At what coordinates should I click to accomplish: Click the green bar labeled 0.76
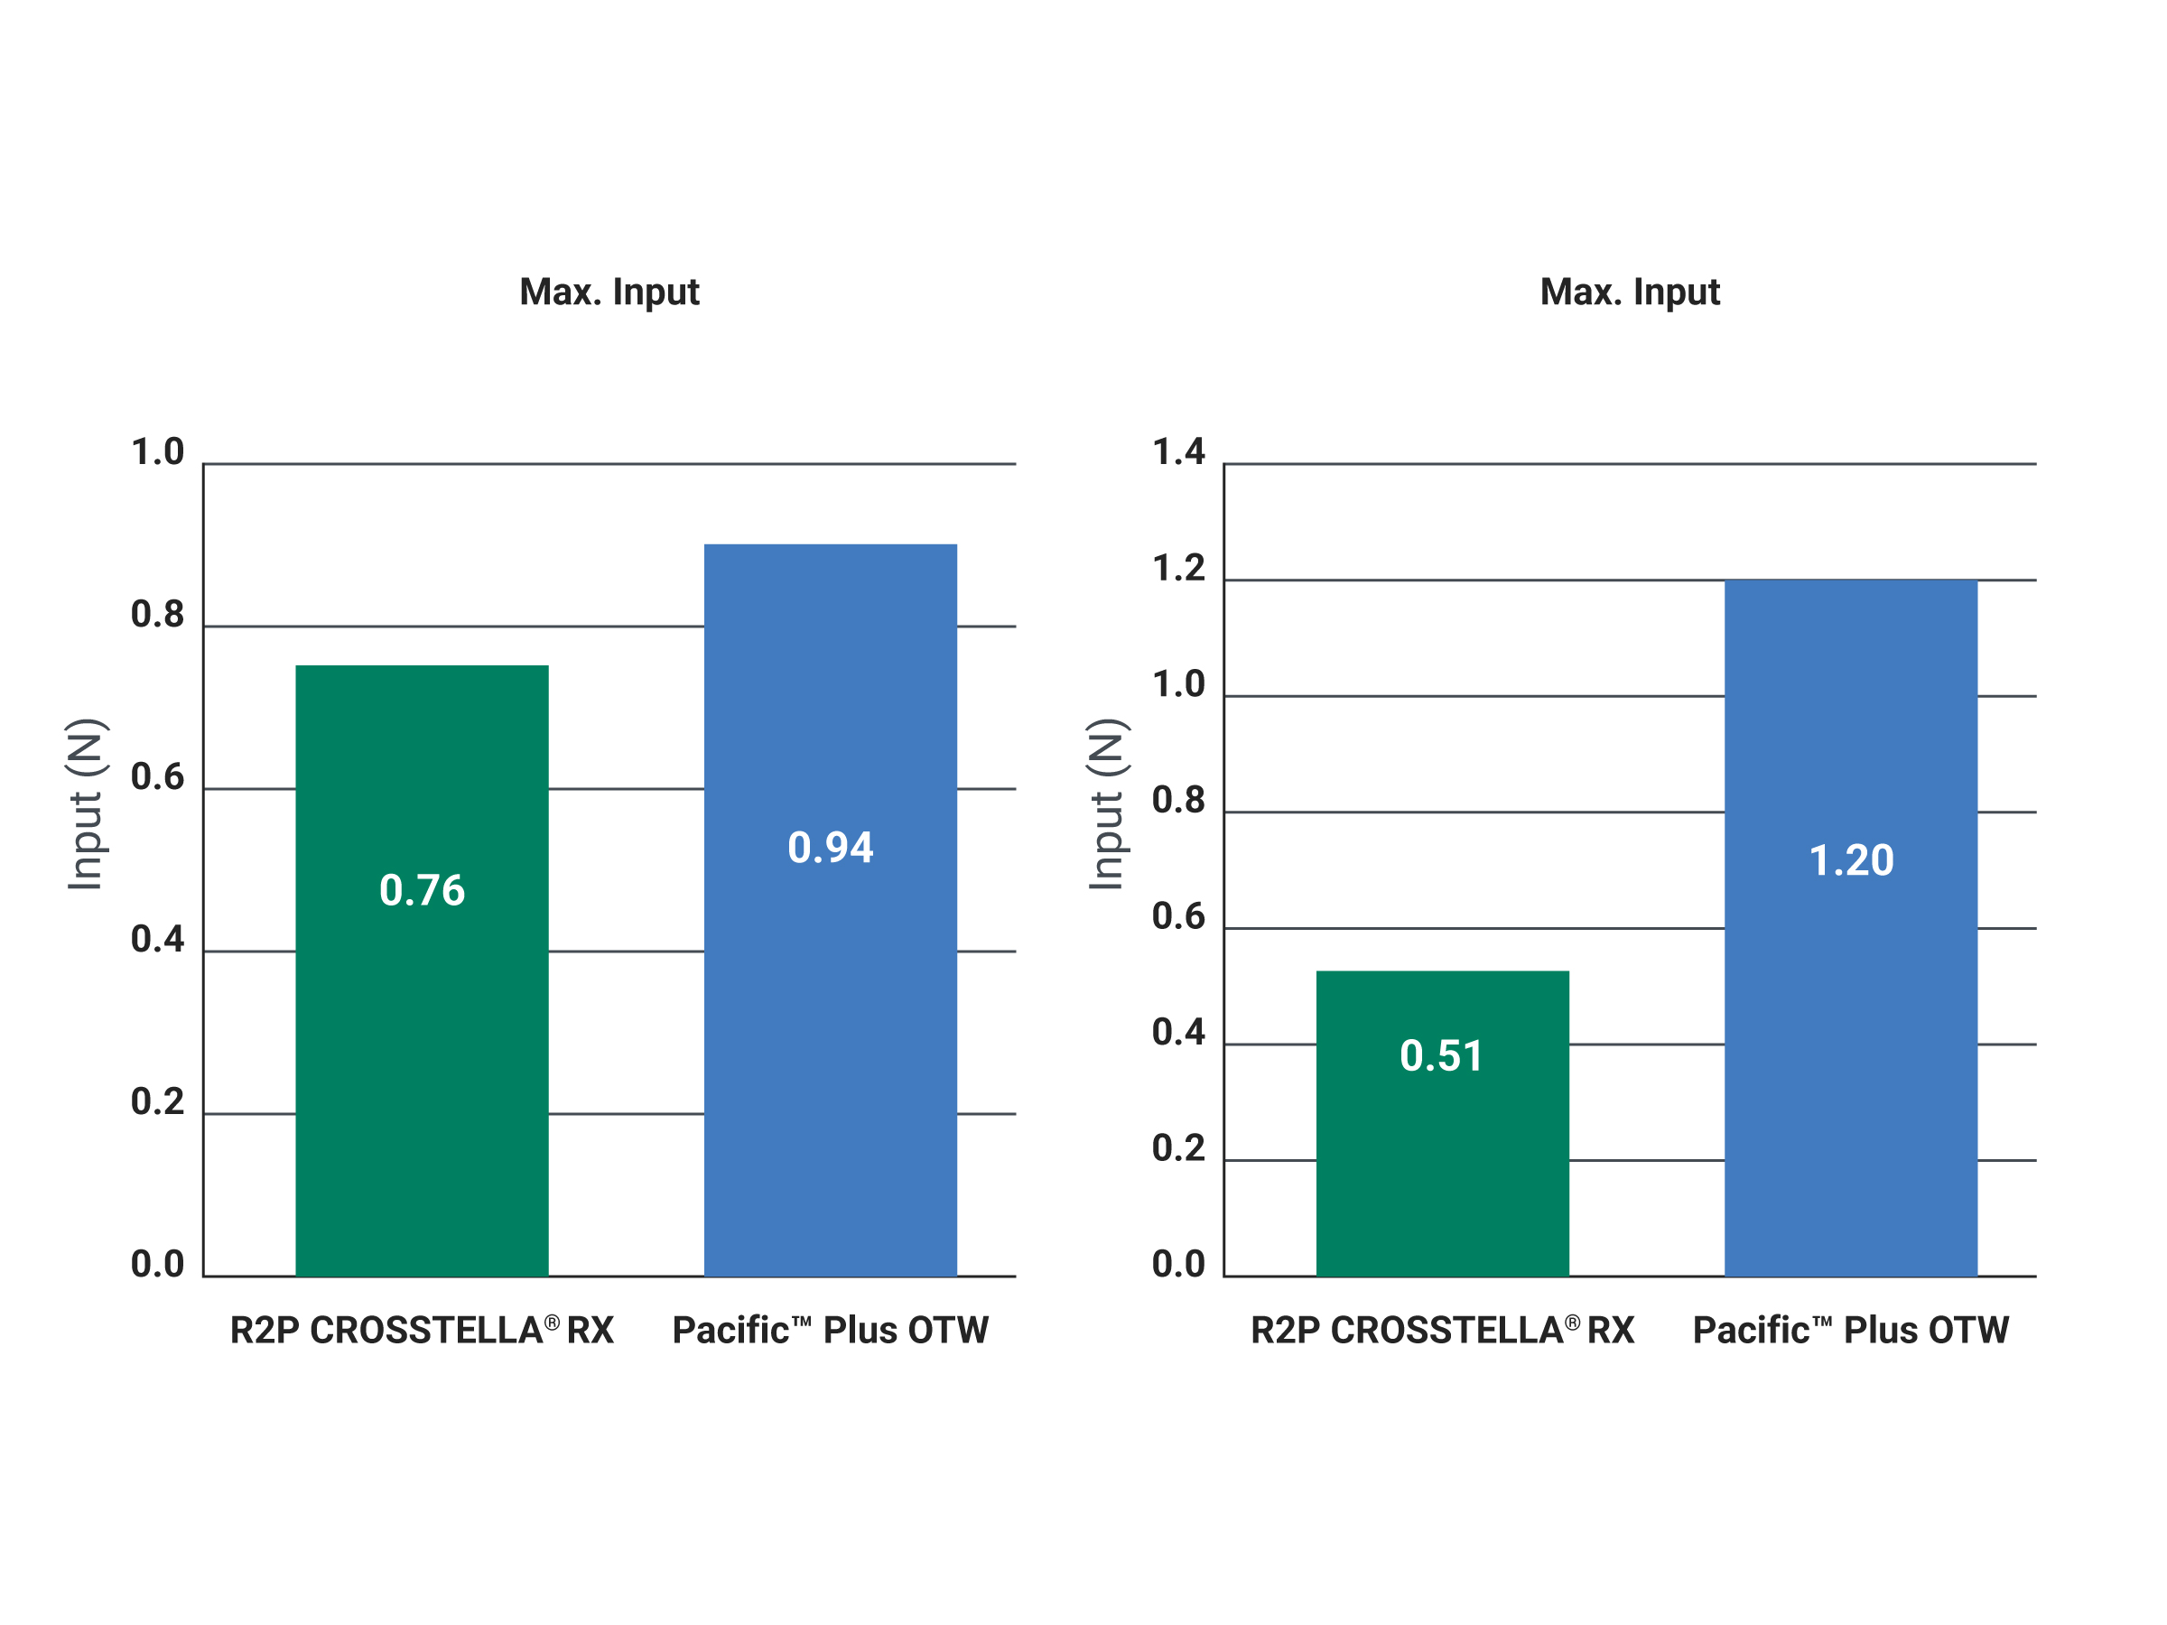(x=423, y=970)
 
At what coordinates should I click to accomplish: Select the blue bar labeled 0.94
(x=831, y=910)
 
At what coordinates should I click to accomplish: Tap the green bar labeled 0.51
(x=1443, y=1123)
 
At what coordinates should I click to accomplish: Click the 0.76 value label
(x=423, y=890)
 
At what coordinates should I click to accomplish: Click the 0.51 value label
(x=1442, y=1056)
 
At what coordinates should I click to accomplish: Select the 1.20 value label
(x=1852, y=860)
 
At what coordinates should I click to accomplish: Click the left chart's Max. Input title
(x=609, y=292)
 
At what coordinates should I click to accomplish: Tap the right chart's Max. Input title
(x=1630, y=292)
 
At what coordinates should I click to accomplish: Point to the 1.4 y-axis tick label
(x=1178, y=451)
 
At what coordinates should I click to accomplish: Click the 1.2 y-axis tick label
(x=1178, y=568)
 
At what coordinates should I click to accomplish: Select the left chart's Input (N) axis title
(x=86, y=804)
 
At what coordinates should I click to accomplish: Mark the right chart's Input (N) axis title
(x=1108, y=804)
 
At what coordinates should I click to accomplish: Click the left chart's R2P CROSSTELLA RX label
(x=423, y=1330)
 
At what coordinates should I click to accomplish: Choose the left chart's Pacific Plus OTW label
(x=831, y=1330)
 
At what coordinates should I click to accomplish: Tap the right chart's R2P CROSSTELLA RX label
(x=1443, y=1330)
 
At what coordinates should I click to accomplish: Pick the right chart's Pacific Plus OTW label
(x=1852, y=1330)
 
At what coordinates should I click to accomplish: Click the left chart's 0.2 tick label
(x=158, y=1102)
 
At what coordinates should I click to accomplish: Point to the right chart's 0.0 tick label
(x=1178, y=1265)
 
